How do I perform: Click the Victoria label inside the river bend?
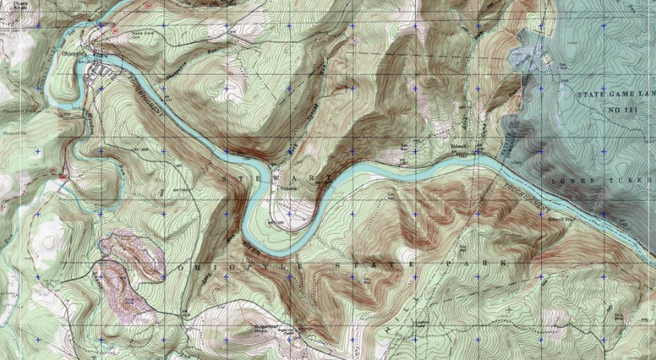point(288,188)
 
